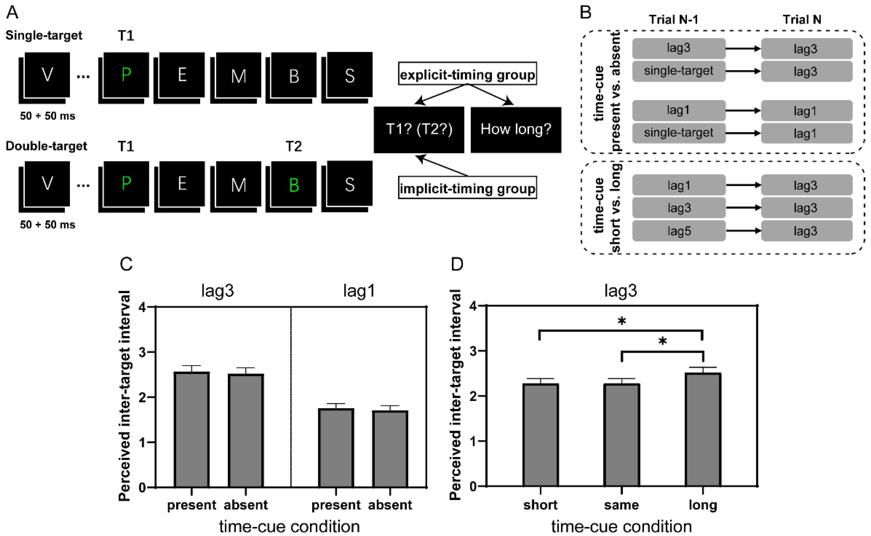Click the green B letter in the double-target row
coord(294,185)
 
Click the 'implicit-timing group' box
coord(467,188)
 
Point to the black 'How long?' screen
coord(516,129)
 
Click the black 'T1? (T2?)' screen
coord(419,129)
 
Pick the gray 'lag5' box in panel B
coord(679,231)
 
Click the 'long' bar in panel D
coord(703,429)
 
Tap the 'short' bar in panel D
coord(541,434)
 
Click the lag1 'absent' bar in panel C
coord(390,448)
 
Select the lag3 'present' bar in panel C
coord(192,429)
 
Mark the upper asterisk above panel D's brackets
coord(622,321)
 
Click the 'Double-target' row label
coord(46,146)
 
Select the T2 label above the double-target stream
coord(294,146)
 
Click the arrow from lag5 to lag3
coord(743,231)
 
